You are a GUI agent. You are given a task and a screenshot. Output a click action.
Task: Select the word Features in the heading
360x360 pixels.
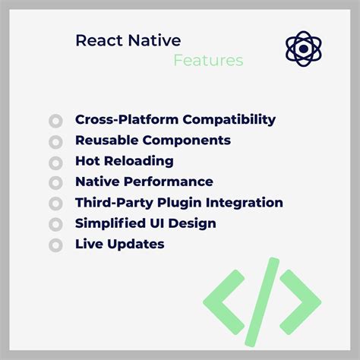click(x=208, y=61)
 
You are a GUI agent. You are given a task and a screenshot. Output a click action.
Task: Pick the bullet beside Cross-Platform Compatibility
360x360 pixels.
click(x=55, y=121)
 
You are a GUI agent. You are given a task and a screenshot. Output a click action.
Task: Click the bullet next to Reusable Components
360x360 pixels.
click(x=55, y=142)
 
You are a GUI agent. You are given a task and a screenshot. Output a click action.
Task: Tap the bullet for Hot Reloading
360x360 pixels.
click(x=55, y=163)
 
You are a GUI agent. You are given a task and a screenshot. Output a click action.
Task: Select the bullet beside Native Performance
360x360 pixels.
click(x=55, y=183)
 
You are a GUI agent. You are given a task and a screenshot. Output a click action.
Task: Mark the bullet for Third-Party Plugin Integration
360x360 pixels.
click(x=55, y=204)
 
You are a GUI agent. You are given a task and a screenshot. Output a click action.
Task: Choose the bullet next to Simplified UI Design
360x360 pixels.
click(x=55, y=225)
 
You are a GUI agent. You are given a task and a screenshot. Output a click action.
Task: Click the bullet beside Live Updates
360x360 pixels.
click(x=55, y=245)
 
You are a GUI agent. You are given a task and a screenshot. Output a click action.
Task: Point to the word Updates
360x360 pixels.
click(x=137, y=244)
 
